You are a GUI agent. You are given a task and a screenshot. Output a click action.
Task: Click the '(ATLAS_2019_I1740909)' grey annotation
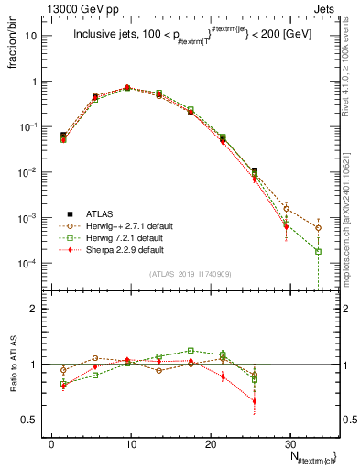point(190,273)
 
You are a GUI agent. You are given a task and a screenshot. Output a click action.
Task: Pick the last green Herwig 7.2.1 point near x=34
point(318,251)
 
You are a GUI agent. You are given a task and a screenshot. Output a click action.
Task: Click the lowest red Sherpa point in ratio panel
point(255,401)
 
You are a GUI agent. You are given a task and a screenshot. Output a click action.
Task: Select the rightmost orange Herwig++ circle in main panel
point(318,227)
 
